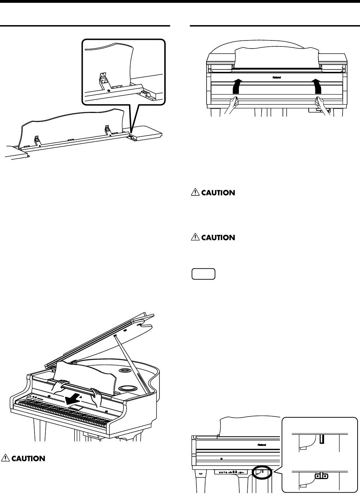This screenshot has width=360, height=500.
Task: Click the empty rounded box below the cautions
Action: pos(203,274)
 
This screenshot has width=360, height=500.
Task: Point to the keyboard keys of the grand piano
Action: pos(63,412)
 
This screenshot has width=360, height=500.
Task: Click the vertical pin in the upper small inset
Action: pos(321,439)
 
